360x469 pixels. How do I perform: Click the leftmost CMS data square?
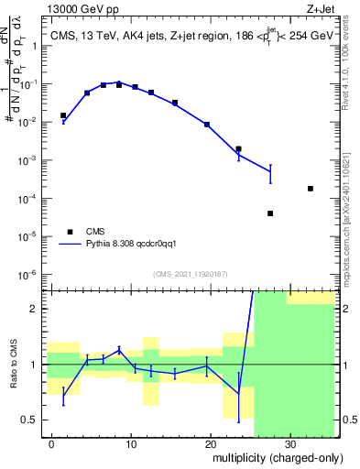coord(63,115)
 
